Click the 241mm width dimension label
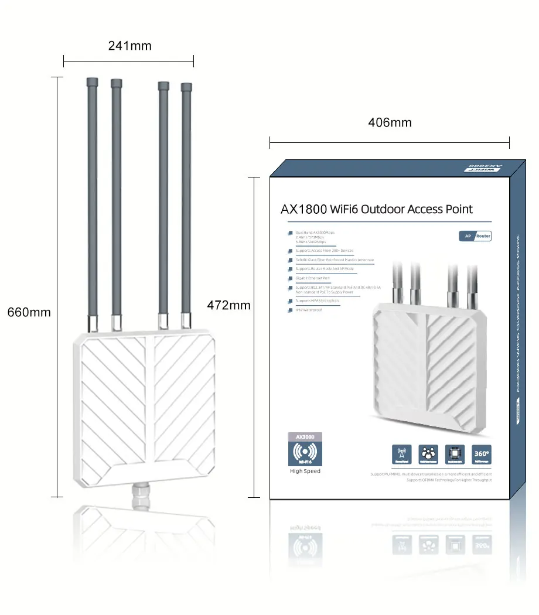click(x=129, y=46)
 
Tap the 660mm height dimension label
click(x=29, y=312)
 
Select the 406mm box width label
click(x=390, y=122)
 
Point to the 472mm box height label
click(x=229, y=305)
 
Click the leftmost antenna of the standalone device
click(x=92, y=199)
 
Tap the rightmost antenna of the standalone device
click(x=186, y=199)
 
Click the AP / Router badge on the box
click(x=475, y=236)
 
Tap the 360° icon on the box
click(x=481, y=454)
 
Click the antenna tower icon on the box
click(x=401, y=454)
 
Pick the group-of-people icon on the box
click(x=428, y=454)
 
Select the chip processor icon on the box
click(x=455, y=454)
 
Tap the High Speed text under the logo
click(x=305, y=471)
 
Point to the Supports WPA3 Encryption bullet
click(x=317, y=300)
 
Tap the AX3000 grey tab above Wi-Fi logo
click(x=305, y=437)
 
